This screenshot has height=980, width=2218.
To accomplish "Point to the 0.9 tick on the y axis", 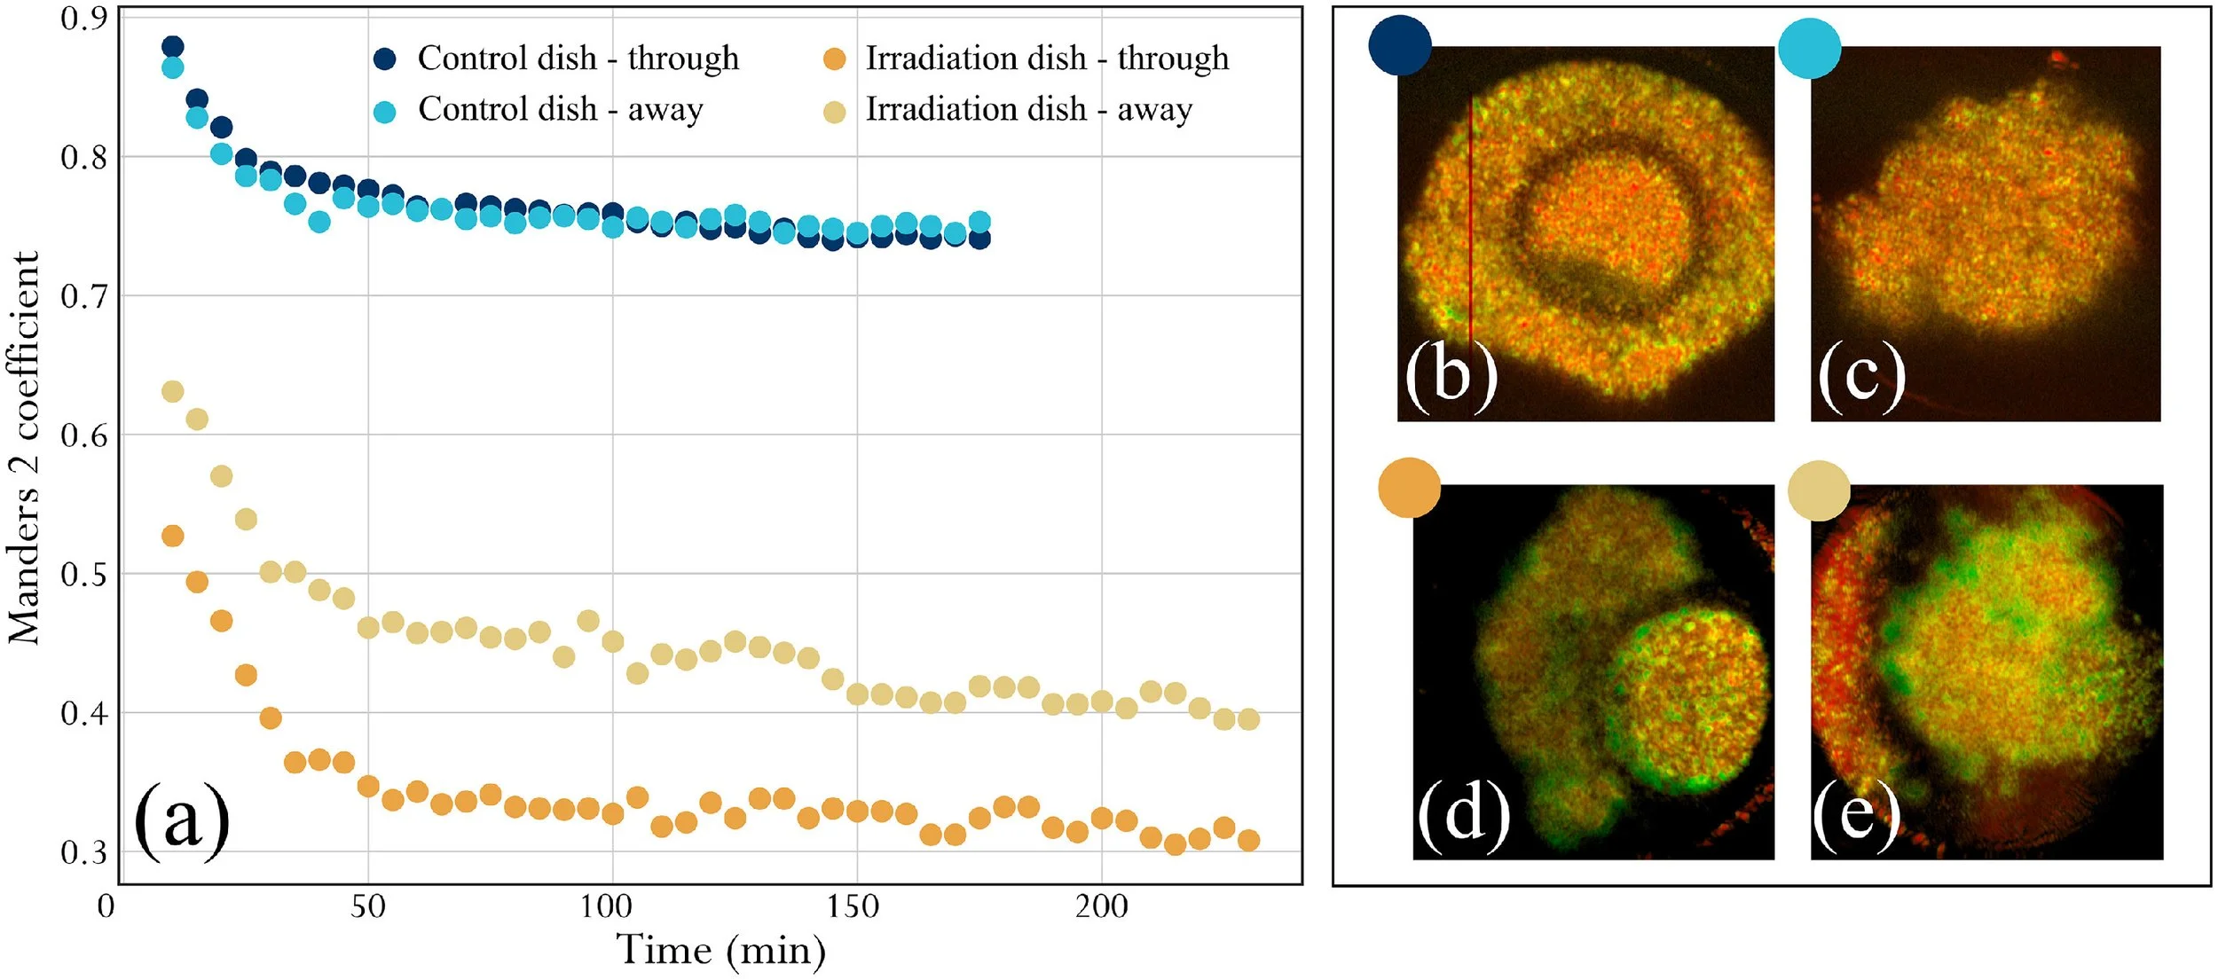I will [83, 18].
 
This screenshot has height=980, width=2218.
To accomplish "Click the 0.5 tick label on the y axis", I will [83, 574].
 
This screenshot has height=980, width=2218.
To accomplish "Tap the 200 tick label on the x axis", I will [1101, 906].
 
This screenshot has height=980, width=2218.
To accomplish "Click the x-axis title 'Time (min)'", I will [720, 951].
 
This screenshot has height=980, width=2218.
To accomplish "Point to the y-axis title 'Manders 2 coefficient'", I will [25, 448].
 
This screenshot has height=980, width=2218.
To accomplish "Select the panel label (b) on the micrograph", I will [1451, 375].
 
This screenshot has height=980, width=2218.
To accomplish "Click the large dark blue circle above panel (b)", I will [1400, 45].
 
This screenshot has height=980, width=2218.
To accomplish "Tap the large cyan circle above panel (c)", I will [1810, 48].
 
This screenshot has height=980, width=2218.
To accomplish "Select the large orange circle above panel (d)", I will [1410, 488].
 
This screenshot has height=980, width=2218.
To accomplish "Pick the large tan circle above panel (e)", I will [1819, 490].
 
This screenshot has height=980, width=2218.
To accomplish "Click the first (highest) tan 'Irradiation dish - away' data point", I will [173, 391].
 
